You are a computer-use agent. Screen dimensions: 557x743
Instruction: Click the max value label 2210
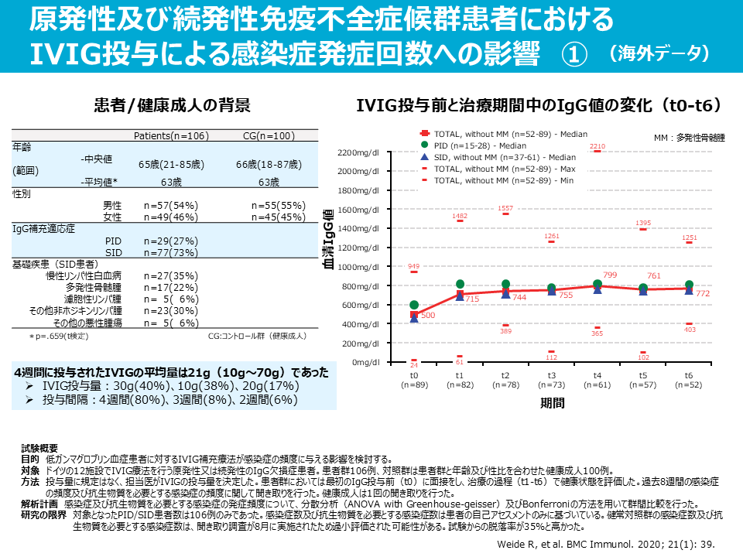[597, 145]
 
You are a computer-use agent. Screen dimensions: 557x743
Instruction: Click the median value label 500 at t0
[427, 316]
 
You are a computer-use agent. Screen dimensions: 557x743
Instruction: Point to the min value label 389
[506, 331]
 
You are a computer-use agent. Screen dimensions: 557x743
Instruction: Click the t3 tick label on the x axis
[552, 374]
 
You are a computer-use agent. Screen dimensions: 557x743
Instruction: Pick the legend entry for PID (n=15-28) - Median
[471, 145]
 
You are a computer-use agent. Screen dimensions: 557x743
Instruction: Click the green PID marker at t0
[414, 305]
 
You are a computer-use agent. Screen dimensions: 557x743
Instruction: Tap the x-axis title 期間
[552, 402]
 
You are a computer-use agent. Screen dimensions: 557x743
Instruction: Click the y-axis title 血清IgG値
[328, 240]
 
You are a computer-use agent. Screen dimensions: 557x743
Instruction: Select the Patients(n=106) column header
[171, 136]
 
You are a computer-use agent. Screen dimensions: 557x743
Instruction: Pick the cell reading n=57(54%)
[171, 206]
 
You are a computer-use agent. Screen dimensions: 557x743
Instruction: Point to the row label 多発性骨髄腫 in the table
[94, 287]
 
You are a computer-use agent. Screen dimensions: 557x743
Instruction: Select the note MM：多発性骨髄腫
[689, 138]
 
